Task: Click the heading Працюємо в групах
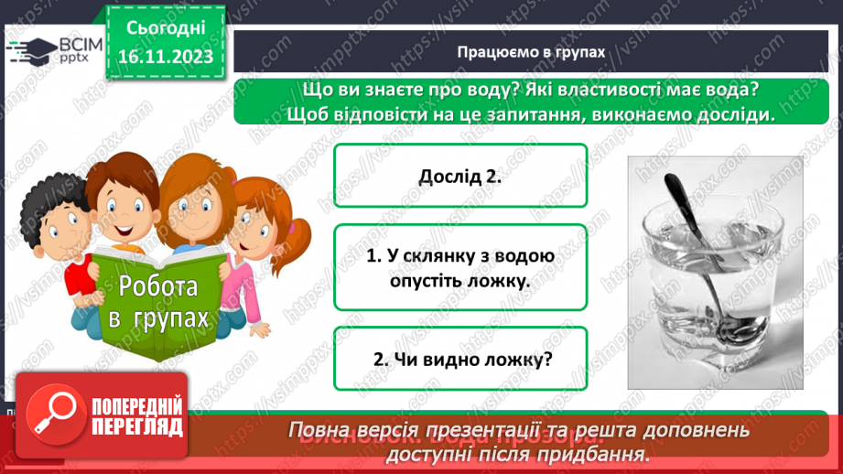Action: pos(532,52)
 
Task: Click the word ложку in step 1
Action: pos(504,280)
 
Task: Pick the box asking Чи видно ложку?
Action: pos(460,359)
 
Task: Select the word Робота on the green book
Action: pos(157,287)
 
